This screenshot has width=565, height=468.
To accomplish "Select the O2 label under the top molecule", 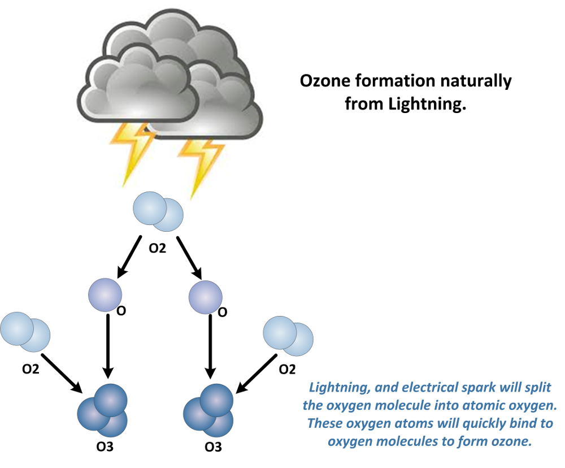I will click(157, 248).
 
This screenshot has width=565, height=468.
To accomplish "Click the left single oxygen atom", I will click(105, 294).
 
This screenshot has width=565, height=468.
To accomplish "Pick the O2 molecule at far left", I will click(25, 330).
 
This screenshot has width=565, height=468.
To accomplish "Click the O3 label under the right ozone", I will click(212, 448).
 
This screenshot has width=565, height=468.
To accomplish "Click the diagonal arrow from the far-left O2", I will click(63, 374).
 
